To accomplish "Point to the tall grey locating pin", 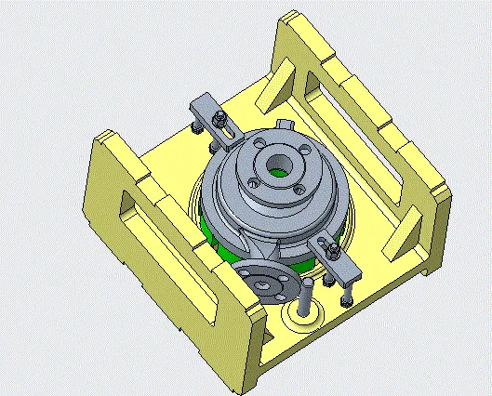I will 304,297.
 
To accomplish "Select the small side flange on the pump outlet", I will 261,283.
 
